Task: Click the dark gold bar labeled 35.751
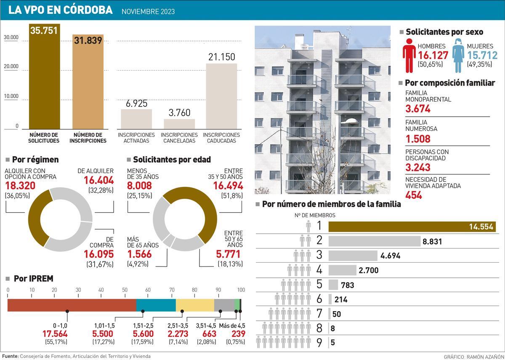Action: [x=44, y=80]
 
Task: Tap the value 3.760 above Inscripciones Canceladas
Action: [x=178, y=112]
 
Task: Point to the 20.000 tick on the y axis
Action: [x=11, y=67]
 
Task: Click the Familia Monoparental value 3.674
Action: [x=417, y=109]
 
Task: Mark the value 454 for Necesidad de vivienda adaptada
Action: [x=413, y=195]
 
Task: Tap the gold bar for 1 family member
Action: [x=412, y=227]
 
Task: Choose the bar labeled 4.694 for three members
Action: [x=353, y=256]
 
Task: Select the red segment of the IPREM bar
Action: [x=72, y=305]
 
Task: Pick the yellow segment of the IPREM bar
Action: [x=195, y=305]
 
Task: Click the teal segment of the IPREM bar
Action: [x=156, y=305]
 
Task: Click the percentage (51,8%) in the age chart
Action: [x=232, y=195]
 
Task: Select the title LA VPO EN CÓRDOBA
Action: [x=61, y=10]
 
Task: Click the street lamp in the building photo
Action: [x=350, y=122]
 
